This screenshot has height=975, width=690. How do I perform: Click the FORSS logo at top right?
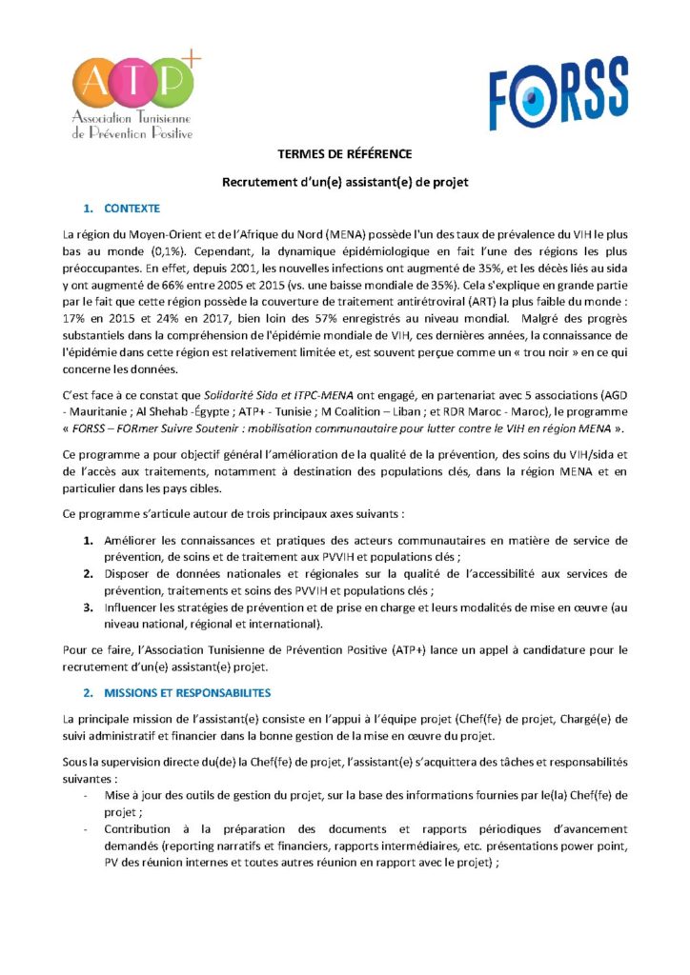pyautogui.click(x=558, y=92)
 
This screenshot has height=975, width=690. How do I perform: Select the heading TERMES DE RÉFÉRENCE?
pyautogui.click(x=344, y=154)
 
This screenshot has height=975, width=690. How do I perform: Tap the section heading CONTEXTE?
pyautogui.click(x=132, y=208)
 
